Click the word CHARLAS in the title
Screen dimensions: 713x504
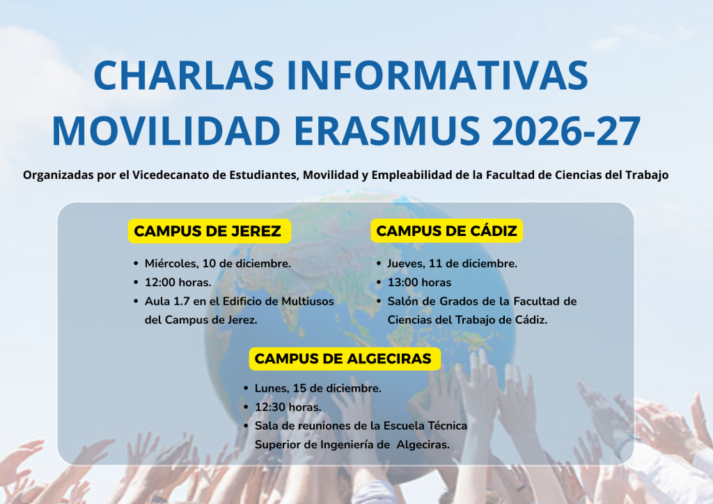(184, 75)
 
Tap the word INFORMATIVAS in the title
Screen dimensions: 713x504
(438, 75)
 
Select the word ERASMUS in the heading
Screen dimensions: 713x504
(387, 130)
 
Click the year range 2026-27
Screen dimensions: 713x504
(567, 130)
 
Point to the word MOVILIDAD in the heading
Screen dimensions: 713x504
(166, 130)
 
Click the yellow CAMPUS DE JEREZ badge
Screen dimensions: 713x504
(209, 231)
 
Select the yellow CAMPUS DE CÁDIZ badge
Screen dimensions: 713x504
(446, 231)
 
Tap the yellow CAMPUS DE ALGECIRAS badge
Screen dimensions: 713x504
(345, 359)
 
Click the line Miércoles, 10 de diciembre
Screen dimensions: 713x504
(218, 264)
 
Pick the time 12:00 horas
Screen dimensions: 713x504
(178, 283)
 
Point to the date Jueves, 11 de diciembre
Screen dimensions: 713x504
(453, 264)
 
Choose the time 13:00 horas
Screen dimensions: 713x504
(419, 283)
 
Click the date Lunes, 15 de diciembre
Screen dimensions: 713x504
(318, 388)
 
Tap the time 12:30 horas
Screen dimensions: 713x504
(288, 407)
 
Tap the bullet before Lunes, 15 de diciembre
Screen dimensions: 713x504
(246, 388)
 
